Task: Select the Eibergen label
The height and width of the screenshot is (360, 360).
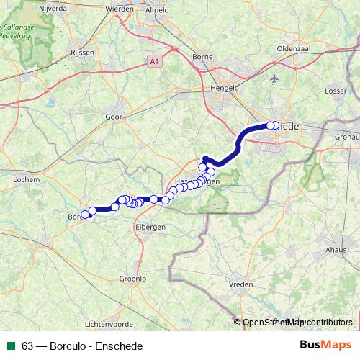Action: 150,226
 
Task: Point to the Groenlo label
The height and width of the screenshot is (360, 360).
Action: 132,278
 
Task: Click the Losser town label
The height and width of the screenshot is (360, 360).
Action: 336,91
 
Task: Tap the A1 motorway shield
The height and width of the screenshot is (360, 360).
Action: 155,62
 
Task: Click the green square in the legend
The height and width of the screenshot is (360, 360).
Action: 12,346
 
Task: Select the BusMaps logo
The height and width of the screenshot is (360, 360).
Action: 325,346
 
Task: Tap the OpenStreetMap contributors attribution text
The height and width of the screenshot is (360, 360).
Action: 297,323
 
